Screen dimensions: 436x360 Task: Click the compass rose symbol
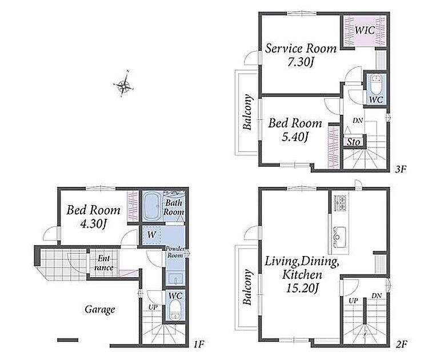[124, 84]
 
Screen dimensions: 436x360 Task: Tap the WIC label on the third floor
[365, 30]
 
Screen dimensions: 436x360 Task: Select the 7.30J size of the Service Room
[301, 62]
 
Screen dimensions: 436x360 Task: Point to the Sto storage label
[353, 142]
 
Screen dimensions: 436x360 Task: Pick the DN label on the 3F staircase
[358, 121]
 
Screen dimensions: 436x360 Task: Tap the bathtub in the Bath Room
[152, 206]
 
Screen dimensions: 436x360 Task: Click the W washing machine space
[151, 235]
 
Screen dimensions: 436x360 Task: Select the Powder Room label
[175, 252]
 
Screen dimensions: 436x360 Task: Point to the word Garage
[100, 309]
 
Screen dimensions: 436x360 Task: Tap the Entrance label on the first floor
[104, 263]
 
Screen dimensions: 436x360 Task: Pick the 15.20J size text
[302, 288]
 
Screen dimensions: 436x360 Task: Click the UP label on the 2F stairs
[353, 301]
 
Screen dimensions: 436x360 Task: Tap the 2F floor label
[401, 345]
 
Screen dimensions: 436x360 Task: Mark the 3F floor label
[401, 169]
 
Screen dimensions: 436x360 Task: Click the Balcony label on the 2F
[247, 287]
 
